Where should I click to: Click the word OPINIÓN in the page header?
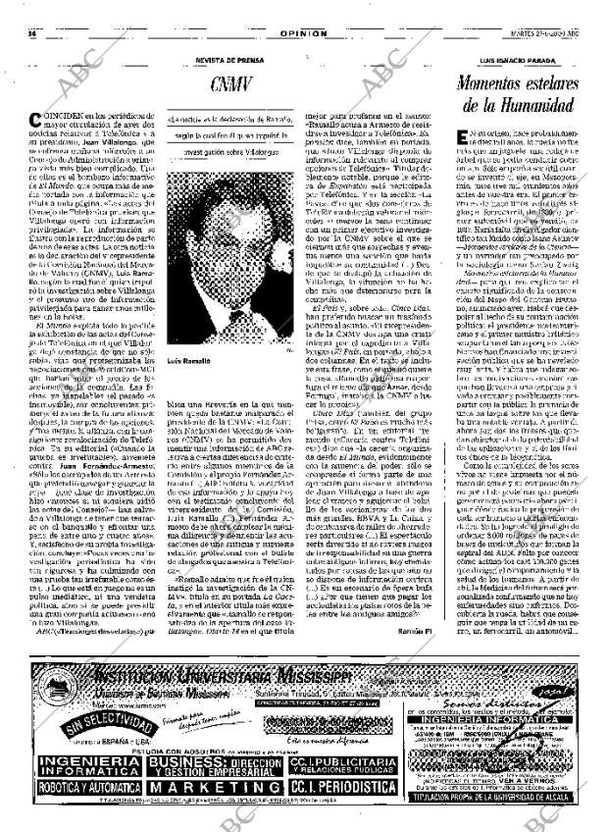[x=303, y=7]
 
